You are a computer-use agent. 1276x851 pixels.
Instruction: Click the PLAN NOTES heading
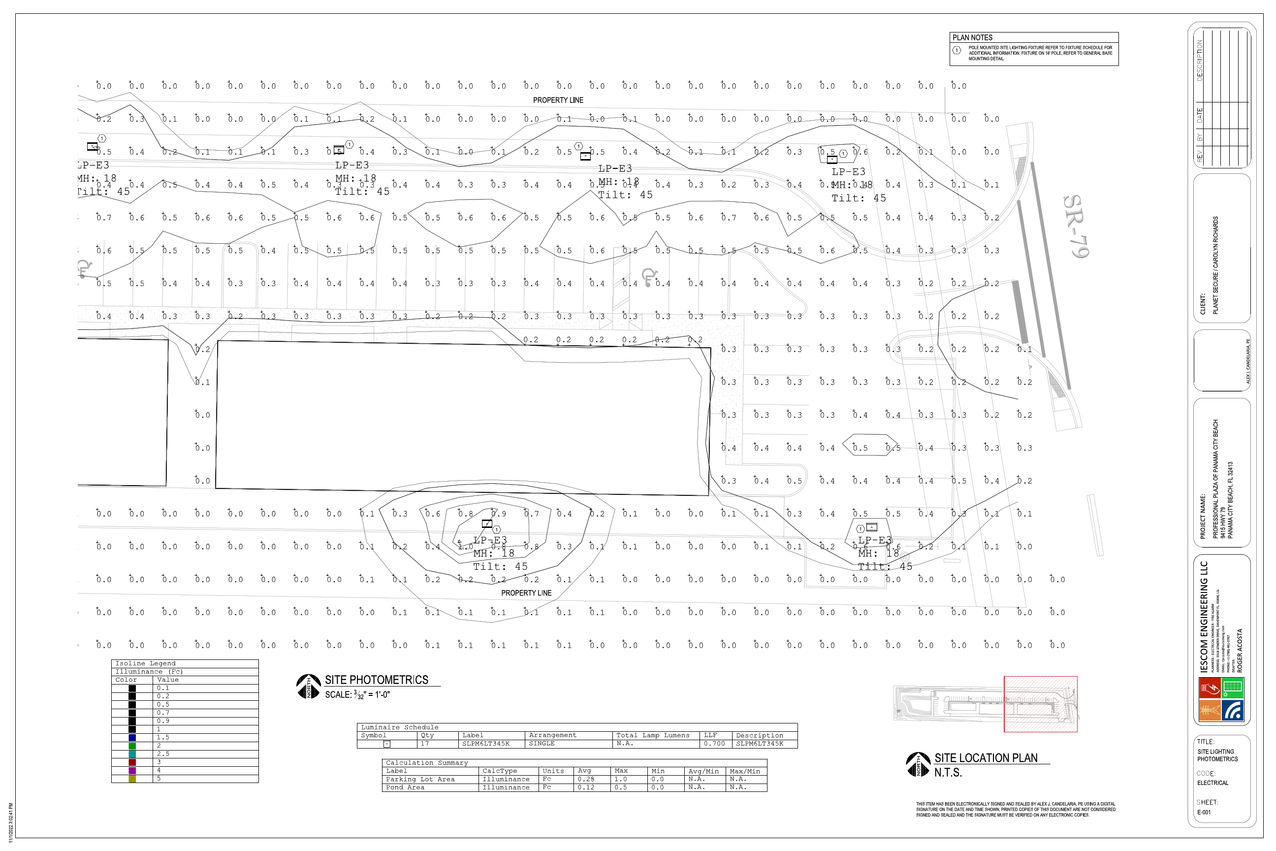click(972, 37)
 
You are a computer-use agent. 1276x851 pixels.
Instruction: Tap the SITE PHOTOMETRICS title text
click(377, 680)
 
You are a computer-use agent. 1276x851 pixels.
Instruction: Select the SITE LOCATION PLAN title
click(985, 758)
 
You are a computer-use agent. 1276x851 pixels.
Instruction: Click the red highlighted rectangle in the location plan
click(1040, 704)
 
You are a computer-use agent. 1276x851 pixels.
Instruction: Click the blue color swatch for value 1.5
click(132, 738)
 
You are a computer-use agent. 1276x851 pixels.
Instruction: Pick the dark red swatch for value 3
click(132, 762)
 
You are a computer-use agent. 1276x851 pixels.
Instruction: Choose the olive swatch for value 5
click(132, 779)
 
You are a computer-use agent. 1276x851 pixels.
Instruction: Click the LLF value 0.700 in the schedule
click(714, 744)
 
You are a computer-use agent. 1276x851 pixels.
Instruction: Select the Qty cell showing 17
click(425, 744)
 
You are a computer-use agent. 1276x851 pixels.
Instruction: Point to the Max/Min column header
click(744, 771)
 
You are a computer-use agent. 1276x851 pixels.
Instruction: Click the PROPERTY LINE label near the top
click(558, 100)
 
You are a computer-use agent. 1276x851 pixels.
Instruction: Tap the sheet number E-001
click(1204, 813)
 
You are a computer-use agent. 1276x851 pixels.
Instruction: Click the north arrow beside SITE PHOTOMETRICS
click(308, 687)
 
